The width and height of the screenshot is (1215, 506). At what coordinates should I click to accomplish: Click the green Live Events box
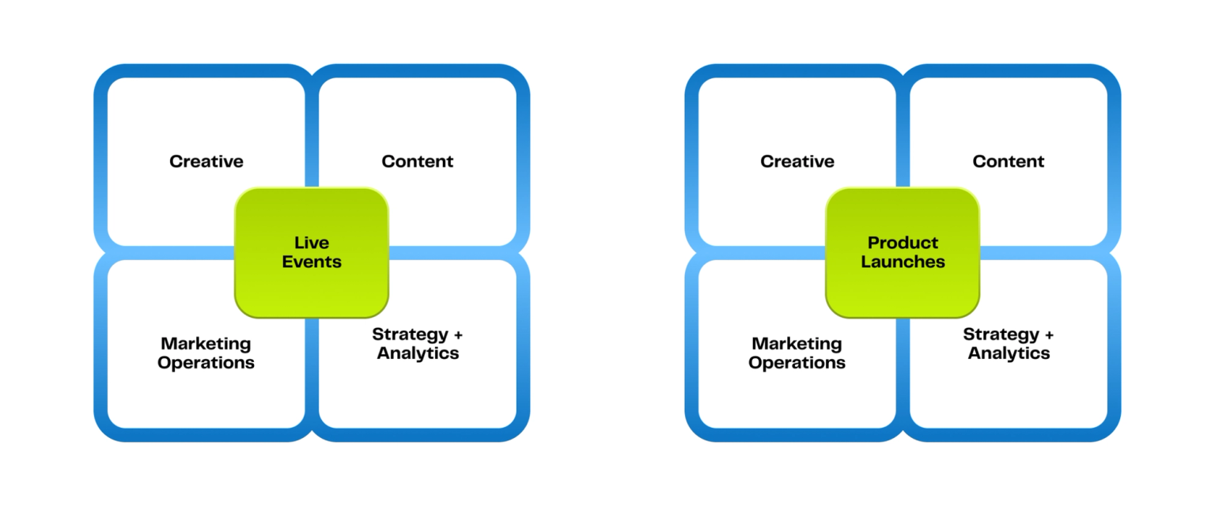click(x=312, y=252)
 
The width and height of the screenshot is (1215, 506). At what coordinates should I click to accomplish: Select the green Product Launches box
click(x=903, y=252)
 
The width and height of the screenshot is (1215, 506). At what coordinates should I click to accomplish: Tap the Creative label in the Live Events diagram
click(x=206, y=161)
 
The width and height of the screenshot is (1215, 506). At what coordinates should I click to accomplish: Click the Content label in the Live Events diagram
click(x=418, y=161)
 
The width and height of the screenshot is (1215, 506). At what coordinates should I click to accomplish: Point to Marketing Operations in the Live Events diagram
click(x=206, y=353)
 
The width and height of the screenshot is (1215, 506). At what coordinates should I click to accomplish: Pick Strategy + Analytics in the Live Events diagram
click(x=418, y=343)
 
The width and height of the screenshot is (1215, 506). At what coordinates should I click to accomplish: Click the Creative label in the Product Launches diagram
click(x=797, y=161)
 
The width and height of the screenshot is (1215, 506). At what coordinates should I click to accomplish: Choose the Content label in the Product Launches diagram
click(x=1009, y=161)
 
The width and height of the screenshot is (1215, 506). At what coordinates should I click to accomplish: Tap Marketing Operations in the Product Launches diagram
click(x=797, y=353)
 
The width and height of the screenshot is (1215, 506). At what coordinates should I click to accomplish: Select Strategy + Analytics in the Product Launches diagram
click(x=1009, y=343)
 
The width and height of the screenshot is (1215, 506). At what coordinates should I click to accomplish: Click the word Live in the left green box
click(x=312, y=243)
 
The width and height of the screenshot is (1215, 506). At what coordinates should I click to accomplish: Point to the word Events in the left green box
click(x=312, y=262)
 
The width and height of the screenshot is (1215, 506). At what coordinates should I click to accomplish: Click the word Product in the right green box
click(x=903, y=243)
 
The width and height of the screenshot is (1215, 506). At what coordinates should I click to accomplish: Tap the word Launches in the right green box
click(x=903, y=262)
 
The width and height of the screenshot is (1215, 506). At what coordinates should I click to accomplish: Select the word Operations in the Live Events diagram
click(x=206, y=363)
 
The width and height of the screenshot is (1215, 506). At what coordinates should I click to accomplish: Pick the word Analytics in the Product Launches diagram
click(x=1009, y=353)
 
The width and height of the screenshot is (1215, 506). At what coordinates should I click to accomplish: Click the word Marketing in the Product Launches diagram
click(x=797, y=344)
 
